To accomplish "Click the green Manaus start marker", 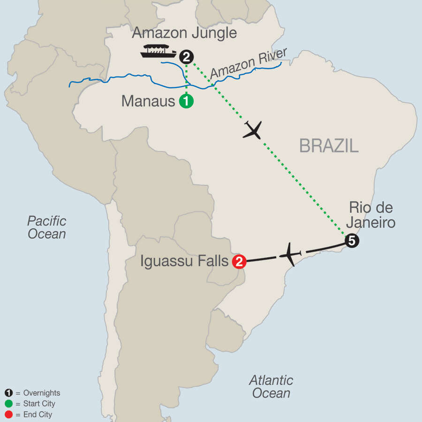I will (186, 101).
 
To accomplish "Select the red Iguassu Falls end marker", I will (239, 262).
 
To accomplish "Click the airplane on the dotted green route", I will (252, 130).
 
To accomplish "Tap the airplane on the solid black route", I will (291, 255).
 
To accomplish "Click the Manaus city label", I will (148, 101).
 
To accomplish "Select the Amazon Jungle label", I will (184, 33).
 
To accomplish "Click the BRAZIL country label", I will (329, 146).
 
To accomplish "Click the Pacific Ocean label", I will (46, 227).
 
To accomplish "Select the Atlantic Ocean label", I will (271, 386).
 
